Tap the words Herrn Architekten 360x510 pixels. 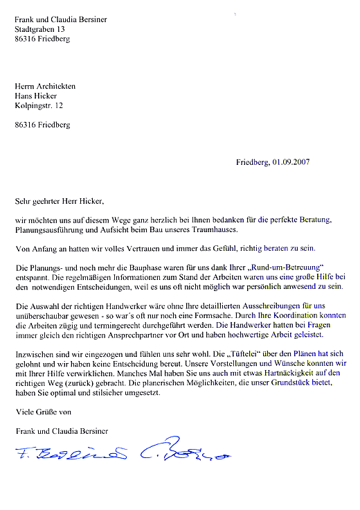click(46, 86)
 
